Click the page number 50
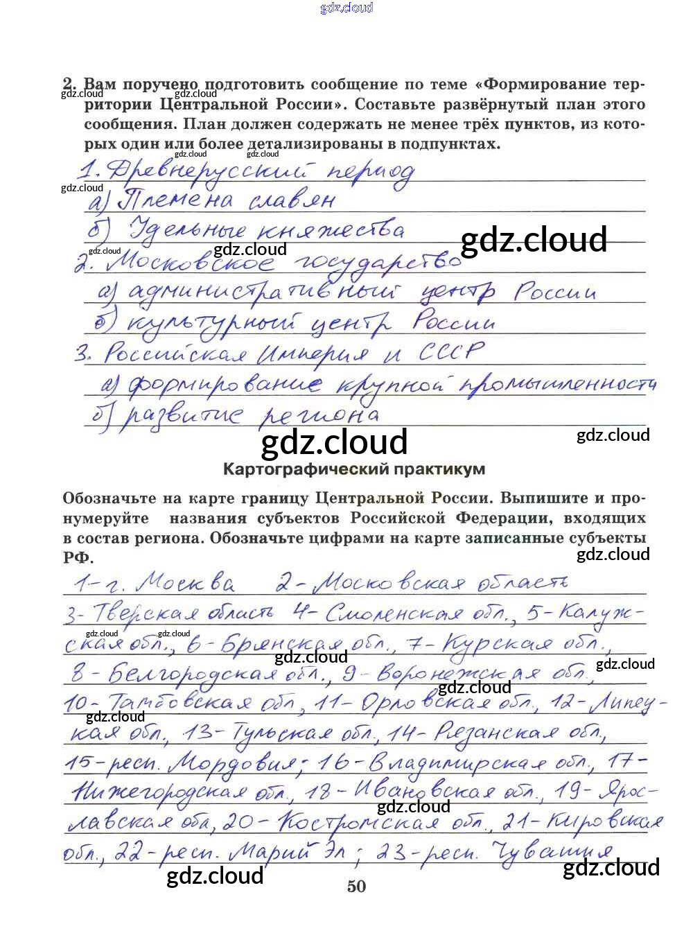click(x=356, y=886)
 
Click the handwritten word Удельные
click(x=187, y=229)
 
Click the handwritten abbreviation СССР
click(x=450, y=352)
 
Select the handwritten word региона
click(x=319, y=415)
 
